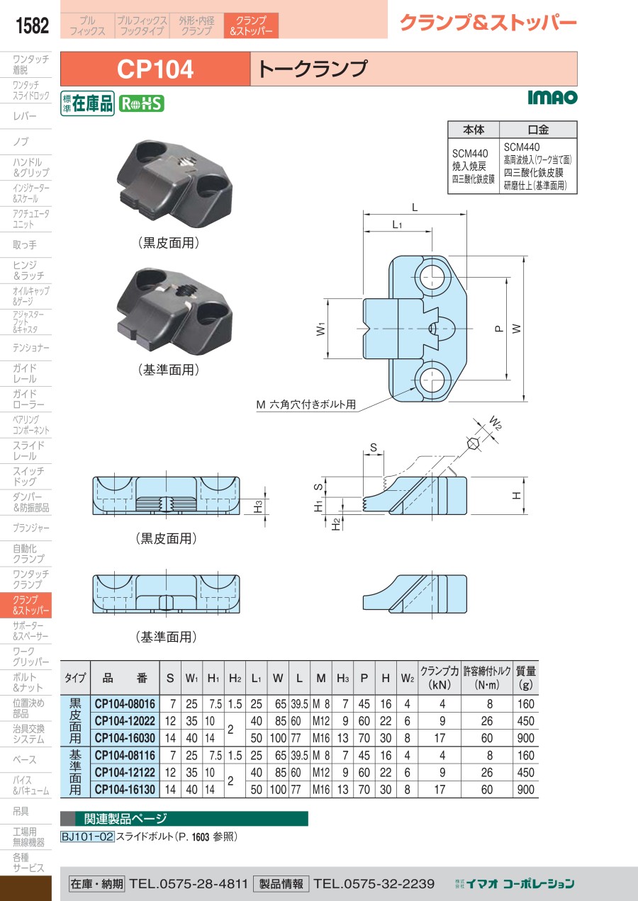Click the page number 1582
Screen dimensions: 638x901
coord(32,25)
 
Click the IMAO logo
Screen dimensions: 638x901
coord(552,97)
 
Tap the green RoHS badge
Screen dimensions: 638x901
coord(141,103)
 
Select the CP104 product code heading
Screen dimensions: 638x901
coord(155,69)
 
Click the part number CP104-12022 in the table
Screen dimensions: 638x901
coord(125,721)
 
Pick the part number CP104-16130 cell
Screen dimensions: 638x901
coord(125,789)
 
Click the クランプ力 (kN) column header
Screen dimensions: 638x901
coord(439,678)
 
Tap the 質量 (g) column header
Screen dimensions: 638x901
coord(526,678)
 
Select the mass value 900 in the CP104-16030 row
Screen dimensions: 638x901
coord(526,738)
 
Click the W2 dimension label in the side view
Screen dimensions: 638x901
coord(496,424)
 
